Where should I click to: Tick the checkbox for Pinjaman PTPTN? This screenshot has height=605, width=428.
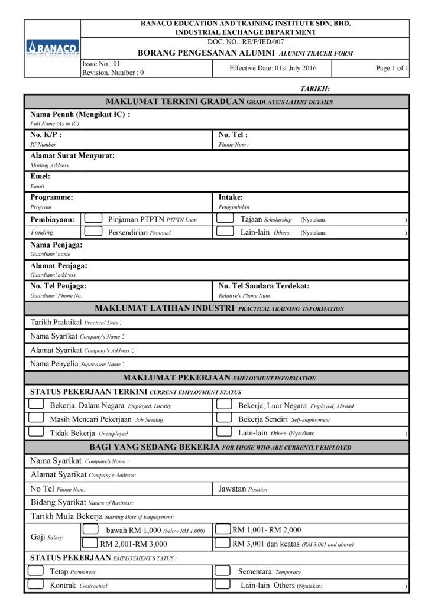point(93,219)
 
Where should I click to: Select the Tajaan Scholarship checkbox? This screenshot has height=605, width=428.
point(225,219)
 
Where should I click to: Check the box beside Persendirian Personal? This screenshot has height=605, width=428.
point(93,232)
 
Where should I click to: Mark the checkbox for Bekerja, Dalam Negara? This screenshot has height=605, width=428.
point(36,405)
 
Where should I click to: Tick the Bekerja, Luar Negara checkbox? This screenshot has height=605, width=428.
point(223,405)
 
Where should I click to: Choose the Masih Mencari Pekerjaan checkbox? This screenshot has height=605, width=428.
point(36,418)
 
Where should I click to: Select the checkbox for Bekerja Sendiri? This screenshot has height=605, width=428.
point(223,418)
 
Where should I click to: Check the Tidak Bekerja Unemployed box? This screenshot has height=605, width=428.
point(36,432)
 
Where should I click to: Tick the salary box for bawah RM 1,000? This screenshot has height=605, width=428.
point(90,529)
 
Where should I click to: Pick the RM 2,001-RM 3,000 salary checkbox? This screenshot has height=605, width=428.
point(90,543)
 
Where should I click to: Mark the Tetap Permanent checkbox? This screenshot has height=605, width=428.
point(36,571)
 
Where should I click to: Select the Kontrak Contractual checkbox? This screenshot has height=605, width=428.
point(36,585)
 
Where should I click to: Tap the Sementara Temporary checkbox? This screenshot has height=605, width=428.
point(222,571)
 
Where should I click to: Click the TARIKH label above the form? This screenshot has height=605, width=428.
point(315,89)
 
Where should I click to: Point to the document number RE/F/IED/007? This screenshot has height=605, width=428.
point(245,42)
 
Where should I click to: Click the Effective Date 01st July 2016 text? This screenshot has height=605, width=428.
point(273,69)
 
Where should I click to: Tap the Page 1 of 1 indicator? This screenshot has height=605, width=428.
point(392,69)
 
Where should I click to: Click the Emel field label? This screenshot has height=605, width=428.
point(40,176)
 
